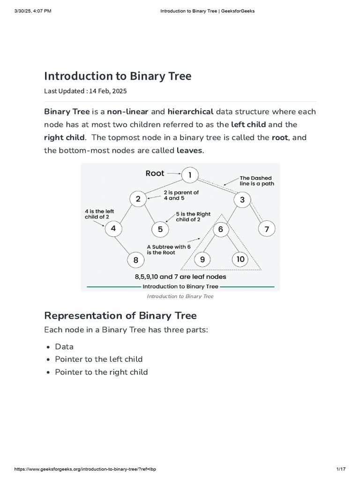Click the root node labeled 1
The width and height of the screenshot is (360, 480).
click(190, 176)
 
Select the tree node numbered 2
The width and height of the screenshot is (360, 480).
click(138, 199)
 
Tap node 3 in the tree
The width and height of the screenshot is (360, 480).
click(242, 200)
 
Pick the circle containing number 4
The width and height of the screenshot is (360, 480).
click(113, 229)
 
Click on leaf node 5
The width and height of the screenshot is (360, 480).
click(160, 229)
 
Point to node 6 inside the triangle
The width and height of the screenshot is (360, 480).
click(221, 229)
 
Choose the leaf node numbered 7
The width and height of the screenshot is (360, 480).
click(267, 229)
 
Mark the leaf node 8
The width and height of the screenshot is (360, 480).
click(135, 260)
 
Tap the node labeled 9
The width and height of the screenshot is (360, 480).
click(202, 259)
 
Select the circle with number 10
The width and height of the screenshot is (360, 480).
click(240, 259)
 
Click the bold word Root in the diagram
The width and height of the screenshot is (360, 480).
click(155, 173)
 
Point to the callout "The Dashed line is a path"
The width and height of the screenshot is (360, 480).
click(256, 181)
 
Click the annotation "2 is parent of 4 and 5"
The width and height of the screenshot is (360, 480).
click(181, 195)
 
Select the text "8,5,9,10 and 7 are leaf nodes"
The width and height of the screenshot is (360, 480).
click(180, 277)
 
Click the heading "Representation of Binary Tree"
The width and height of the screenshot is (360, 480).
click(120, 315)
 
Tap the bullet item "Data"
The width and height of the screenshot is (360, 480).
click(64, 346)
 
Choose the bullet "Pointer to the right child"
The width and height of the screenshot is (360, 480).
click(101, 372)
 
